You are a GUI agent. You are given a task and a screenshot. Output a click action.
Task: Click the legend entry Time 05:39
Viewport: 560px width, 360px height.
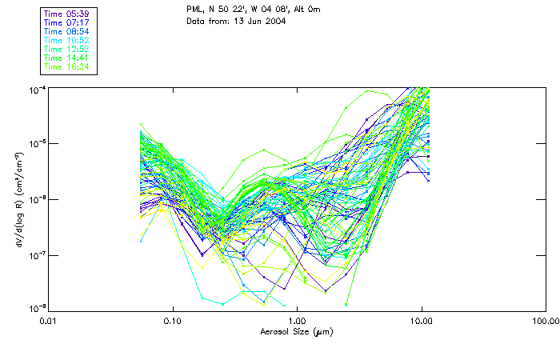point(66,14)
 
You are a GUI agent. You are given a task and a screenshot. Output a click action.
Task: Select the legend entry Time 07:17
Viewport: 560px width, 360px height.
point(66,23)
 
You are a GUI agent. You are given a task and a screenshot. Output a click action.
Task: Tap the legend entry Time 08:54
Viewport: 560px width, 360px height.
point(66,32)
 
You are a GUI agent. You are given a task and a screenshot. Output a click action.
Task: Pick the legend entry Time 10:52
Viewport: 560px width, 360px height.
point(66,41)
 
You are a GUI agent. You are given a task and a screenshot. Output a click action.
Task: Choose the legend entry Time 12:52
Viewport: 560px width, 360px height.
point(66,50)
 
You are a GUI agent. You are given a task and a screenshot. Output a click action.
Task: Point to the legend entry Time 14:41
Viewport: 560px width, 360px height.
point(66,58)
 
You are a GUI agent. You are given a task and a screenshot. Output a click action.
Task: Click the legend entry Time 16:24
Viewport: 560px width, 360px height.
point(66,67)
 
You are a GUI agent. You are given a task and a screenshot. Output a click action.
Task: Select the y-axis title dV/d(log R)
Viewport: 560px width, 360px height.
point(18,198)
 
